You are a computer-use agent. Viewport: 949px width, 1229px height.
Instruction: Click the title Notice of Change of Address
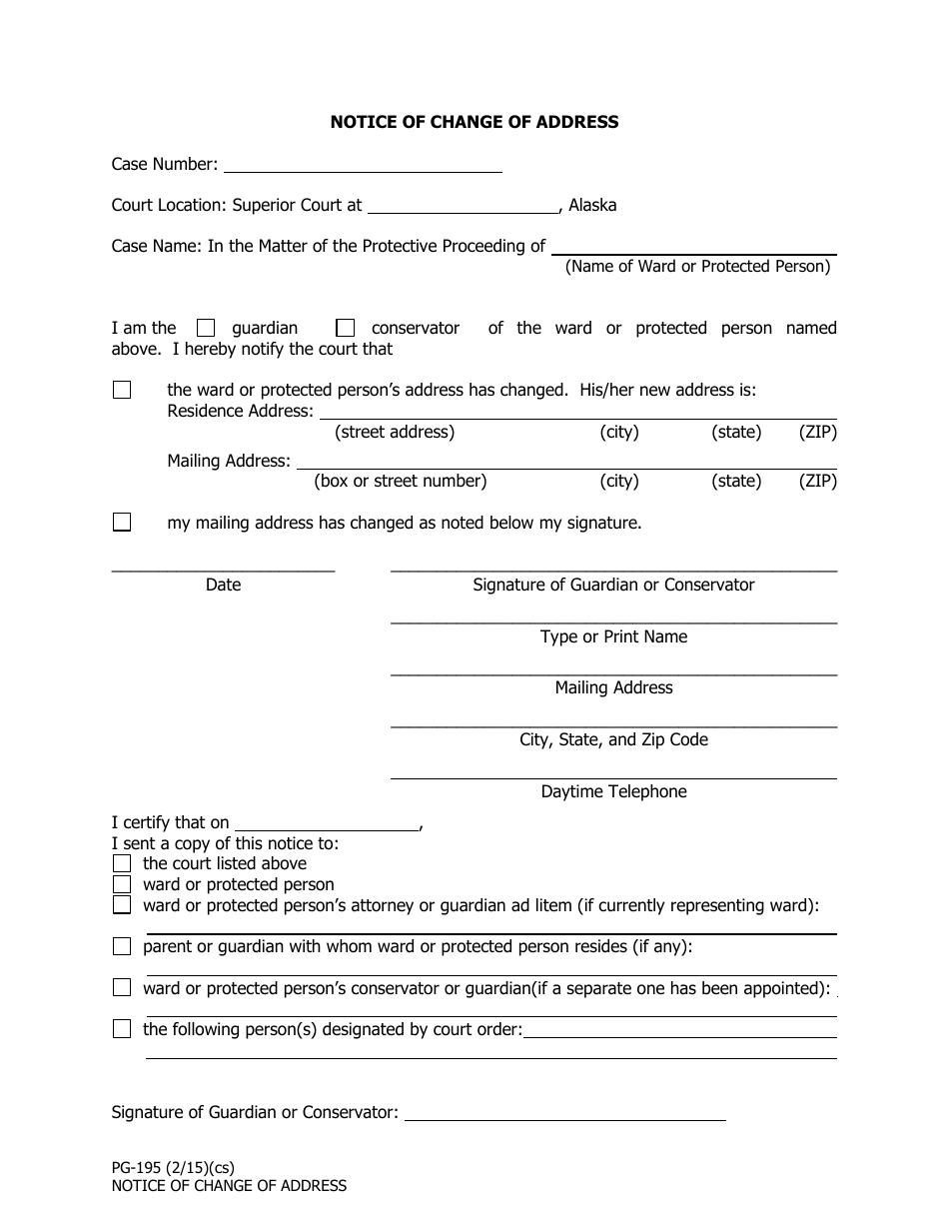coord(474,122)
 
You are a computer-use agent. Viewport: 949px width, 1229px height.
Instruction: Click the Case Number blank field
coord(362,164)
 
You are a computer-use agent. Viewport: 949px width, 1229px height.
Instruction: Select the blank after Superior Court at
coord(464,205)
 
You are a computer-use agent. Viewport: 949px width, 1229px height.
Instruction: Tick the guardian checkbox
coord(206,328)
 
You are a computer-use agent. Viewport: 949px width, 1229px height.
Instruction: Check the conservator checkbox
coord(346,328)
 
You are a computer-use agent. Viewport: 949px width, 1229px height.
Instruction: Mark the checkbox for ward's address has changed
coord(122,390)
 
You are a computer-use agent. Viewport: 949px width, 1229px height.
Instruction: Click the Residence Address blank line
coord(577,411)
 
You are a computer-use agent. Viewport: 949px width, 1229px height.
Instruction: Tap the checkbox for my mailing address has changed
coord(122,522)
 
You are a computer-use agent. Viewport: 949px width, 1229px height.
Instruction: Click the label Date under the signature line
coord(223,585)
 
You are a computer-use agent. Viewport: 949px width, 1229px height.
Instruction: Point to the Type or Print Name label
coord(613,636)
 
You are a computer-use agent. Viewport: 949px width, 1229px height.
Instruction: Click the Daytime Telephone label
coord(613,791)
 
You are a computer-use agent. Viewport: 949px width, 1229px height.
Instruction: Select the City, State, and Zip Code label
coord(613,739)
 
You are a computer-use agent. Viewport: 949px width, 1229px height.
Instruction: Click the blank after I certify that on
coord(326,822)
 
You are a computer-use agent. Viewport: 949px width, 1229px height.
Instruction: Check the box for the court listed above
coord(122,863)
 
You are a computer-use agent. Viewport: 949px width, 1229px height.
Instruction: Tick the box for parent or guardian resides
coord(122,946)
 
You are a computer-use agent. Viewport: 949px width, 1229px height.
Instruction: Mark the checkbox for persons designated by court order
coord(122,1029)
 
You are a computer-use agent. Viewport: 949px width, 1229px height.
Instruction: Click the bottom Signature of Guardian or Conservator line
coord(564,1112)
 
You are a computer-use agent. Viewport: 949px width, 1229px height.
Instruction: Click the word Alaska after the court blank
coord(592,205)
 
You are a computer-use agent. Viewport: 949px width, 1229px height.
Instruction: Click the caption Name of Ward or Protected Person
coord(697,266)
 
